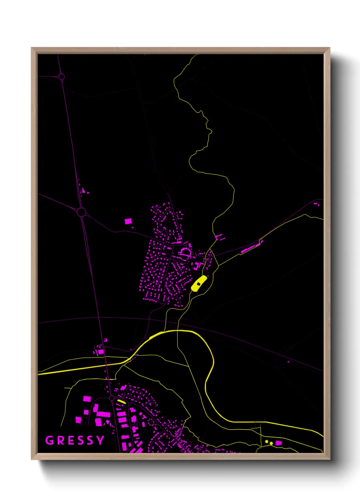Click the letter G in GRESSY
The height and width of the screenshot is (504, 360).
click(50, 440)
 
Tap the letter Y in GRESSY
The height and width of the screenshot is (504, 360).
click(100, 440)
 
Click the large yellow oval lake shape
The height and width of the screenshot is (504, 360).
click(199, 283)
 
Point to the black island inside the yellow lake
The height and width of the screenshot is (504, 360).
click(199, 284)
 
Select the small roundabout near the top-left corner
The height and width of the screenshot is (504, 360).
click(62, 77)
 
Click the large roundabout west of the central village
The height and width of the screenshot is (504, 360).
click(81, 212)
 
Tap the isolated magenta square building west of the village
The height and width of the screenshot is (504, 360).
click(128, 221)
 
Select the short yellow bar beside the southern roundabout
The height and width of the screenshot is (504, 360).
click(121, 402)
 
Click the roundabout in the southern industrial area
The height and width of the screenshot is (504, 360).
click(111, 398)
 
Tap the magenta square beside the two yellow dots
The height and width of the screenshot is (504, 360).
click(279, 443)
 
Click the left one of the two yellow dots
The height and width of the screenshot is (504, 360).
click(267, 442)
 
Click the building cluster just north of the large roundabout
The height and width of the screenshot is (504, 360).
click(83, 190)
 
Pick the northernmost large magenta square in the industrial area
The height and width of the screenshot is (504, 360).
click(87, 398)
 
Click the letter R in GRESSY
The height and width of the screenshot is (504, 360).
click(60, 440)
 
